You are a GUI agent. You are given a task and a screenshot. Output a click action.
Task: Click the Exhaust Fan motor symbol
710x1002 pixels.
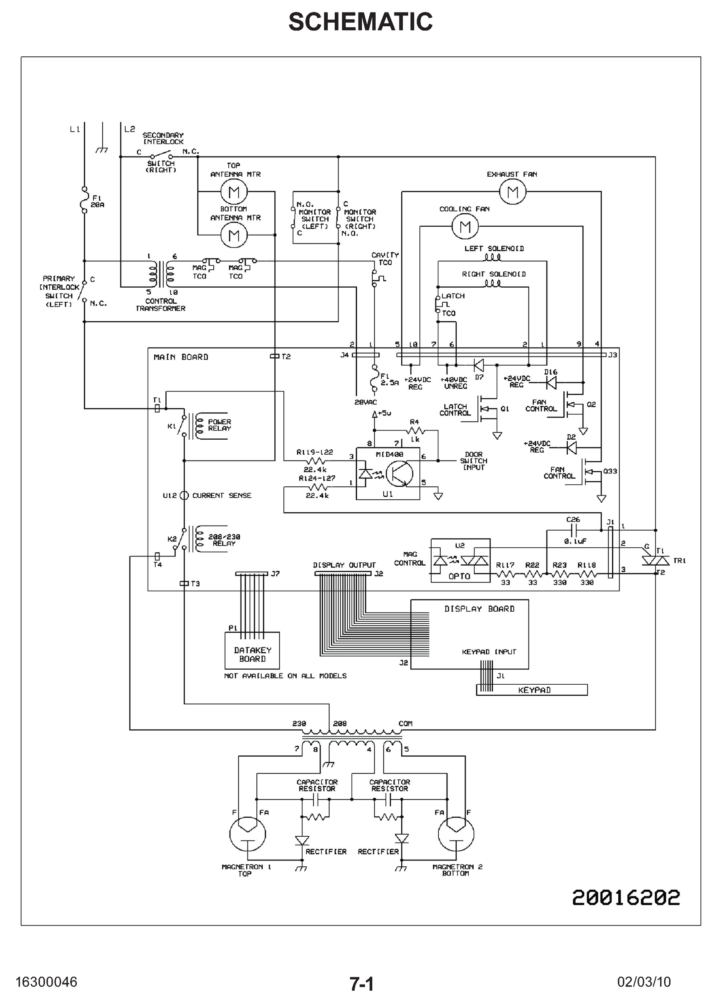click(513, 192)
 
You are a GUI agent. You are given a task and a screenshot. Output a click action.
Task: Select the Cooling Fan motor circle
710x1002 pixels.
click(465, 226)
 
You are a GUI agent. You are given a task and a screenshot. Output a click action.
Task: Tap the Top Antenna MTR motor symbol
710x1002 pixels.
click(234, 192)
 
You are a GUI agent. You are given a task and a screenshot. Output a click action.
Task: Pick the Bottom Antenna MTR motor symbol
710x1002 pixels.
click(234, 235)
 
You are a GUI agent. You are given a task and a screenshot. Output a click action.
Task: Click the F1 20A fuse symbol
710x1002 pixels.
click(84, 201)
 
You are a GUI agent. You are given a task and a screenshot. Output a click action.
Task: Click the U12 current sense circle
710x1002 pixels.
click(184, 495)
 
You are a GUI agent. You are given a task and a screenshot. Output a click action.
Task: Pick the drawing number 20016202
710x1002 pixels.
click(626, 898)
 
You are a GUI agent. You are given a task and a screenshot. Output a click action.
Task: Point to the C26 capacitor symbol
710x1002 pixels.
click(574, 531)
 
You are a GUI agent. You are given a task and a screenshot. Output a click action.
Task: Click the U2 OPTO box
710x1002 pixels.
click(460, 560)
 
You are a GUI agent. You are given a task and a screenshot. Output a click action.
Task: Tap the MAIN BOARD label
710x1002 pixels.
click(181, 357)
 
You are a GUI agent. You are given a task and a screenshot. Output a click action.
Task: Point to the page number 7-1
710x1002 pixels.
click(361, 984)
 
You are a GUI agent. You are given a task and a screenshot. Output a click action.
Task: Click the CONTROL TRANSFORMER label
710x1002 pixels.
click(160, 305)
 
